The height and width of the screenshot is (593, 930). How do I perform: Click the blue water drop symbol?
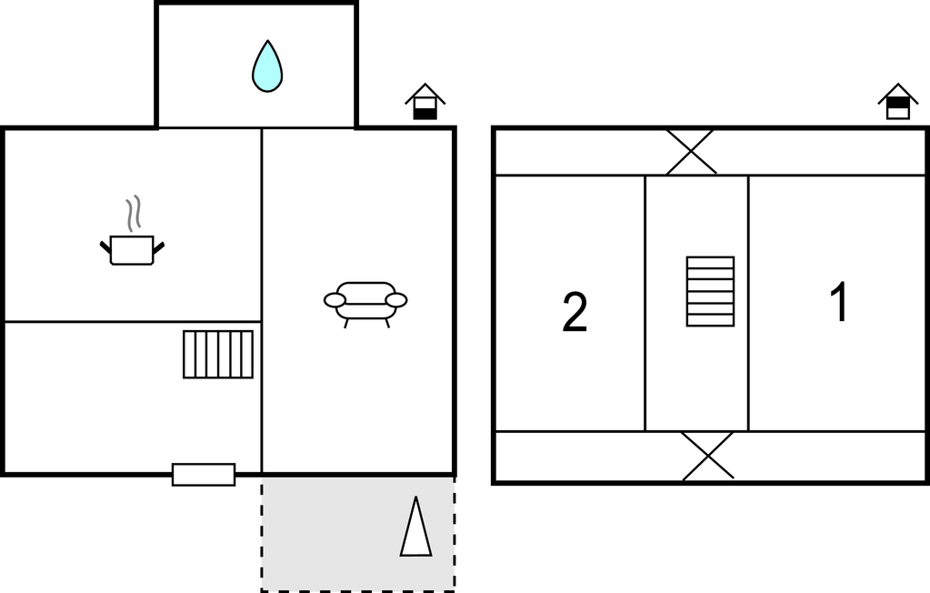coord(267,67)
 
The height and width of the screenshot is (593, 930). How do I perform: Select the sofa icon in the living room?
coord(365,304)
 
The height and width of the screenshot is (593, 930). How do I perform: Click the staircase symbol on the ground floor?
coord(218,355)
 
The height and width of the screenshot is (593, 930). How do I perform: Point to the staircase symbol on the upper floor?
coord(710,291)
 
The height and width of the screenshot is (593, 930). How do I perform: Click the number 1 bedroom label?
coord(839,303)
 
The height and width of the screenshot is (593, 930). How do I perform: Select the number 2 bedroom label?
coord(575,312)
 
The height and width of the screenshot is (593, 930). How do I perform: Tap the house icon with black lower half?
coord(425,102)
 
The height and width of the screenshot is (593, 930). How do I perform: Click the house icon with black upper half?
coord(898,102)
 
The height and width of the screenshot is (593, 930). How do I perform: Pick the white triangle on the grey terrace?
coord(415,528)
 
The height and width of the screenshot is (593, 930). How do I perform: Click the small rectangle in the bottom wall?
coord(204,475)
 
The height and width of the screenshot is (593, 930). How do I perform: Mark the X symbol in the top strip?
coord(691,152)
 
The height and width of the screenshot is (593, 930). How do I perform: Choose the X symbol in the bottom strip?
coord(708,456)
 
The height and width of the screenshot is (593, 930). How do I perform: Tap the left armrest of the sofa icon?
coord(335,300)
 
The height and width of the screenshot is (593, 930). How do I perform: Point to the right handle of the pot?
coord(158,247)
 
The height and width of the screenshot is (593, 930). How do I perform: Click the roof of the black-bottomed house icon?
coord(425,93)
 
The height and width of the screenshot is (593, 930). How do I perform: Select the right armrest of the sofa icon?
coord(396,300)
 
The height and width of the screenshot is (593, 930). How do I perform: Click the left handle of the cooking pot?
coord(105,247)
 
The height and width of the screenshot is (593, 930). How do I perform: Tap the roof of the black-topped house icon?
coord(898,93)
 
